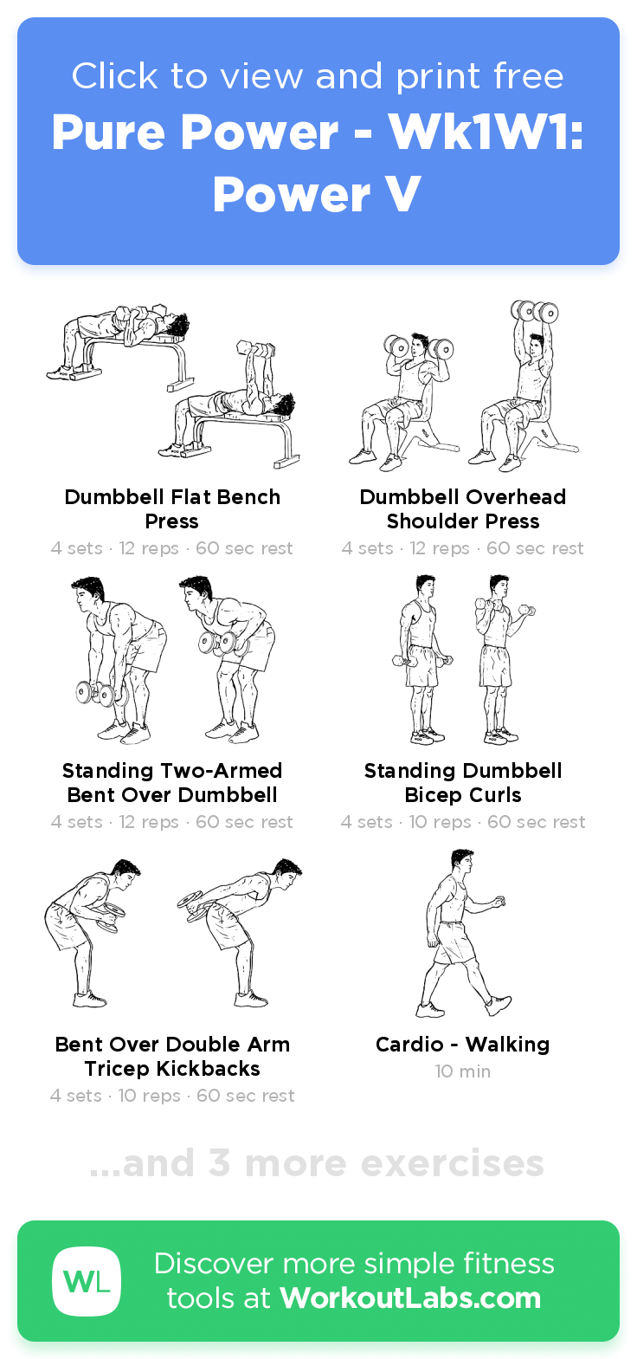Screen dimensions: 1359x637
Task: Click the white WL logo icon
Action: (87, 1281)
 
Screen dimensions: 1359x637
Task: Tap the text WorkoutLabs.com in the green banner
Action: (410, 1298)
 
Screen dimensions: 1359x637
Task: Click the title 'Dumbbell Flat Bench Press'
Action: (172, 509)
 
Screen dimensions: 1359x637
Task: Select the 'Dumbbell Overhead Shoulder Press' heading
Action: (463, 509)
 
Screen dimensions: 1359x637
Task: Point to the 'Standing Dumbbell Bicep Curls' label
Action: (463, 783)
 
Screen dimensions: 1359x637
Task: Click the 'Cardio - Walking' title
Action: (463, 1045)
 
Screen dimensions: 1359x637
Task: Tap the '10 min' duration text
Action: (463, 1071)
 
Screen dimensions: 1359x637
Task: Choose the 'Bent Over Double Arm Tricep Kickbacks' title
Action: (172, 1057)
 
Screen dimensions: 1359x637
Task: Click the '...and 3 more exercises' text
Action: (317, 1163)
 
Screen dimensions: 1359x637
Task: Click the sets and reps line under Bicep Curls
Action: (463, 822)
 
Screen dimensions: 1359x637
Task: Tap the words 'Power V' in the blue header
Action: (317, 194)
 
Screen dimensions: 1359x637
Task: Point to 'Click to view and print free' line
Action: (317, 76)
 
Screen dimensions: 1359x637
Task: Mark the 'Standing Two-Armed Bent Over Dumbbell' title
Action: (172, 783)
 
